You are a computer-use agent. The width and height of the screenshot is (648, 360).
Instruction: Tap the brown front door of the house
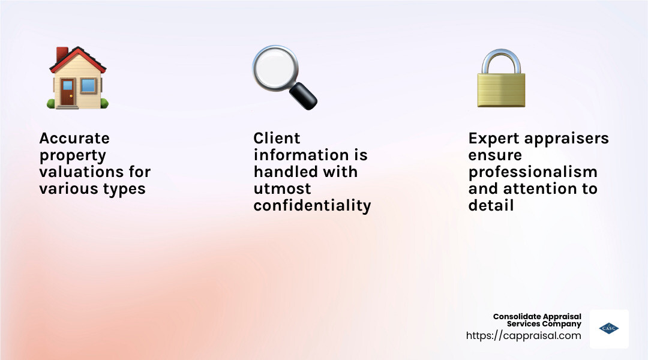point(67,92)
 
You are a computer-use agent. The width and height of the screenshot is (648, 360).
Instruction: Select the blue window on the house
point(88,86)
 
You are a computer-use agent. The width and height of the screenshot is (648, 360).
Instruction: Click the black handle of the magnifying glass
point(304,97)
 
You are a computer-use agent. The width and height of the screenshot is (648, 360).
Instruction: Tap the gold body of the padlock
point(501,90)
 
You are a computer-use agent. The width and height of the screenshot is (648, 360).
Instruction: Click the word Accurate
point(74,138)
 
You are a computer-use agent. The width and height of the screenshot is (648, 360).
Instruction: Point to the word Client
point(277,138)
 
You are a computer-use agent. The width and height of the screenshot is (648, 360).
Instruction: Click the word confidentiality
point(313,206)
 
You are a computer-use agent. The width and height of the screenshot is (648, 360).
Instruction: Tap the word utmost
point(282,189)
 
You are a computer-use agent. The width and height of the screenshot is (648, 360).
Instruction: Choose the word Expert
point(494,139)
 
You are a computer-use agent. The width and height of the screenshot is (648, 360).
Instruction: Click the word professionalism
point(533,172)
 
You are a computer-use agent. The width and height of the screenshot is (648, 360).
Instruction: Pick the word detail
point(491,205)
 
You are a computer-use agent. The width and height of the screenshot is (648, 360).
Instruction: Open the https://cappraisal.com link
point(524,335)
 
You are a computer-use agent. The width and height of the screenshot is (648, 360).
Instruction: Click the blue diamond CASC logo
point(609,329)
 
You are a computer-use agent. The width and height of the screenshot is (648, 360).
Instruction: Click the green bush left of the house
point(51,103)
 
